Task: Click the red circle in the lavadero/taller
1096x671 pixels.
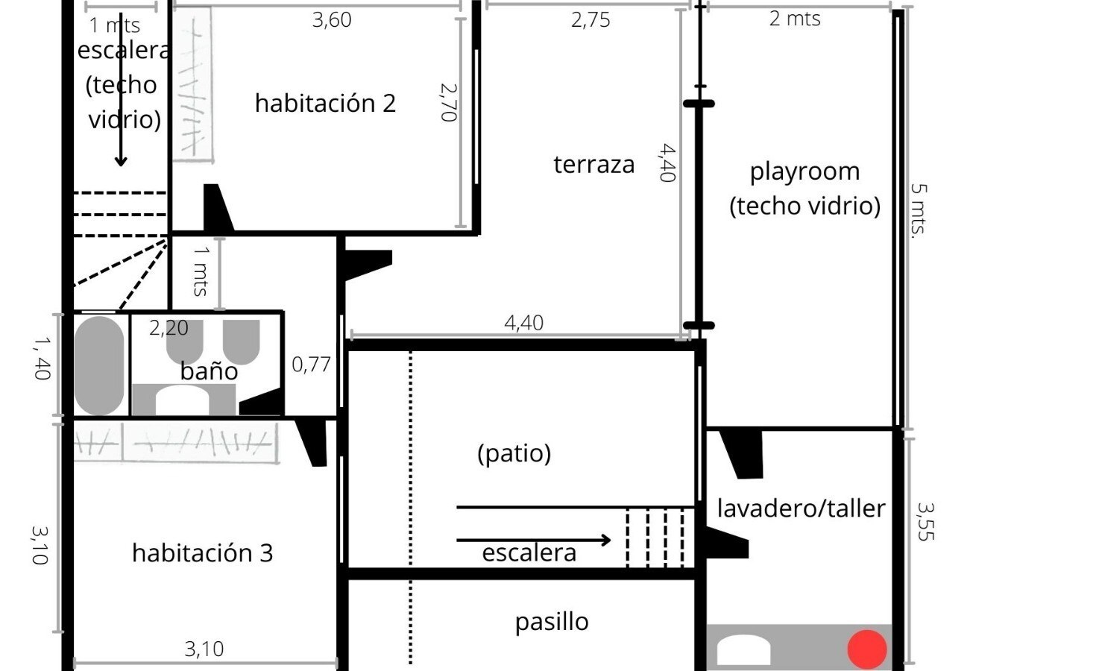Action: click(867, 649)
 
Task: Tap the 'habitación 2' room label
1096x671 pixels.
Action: click(325, 104)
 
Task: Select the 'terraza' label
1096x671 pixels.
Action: click(594, 165)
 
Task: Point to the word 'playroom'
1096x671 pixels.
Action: click(805, 172)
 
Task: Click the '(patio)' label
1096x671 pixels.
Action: click(514, 453)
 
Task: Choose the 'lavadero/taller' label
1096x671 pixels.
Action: click(801, 508)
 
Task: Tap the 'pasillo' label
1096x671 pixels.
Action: click(552, 623)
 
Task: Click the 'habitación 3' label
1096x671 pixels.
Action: click(203, 553)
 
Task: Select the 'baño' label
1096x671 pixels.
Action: click(209, 371)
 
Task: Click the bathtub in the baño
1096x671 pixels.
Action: click(99, 365)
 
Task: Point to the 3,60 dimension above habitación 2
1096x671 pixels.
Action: click(332, 20)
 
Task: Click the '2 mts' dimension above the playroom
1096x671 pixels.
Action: click(795, 19)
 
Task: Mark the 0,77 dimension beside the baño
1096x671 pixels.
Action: click(311, 365)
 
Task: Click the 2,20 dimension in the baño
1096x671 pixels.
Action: click(169, 328)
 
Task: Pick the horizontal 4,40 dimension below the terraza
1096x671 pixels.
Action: click(523, 323)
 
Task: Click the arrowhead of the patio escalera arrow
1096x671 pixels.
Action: click(606, 541)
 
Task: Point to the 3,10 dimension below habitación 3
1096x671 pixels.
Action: click(204, 649)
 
